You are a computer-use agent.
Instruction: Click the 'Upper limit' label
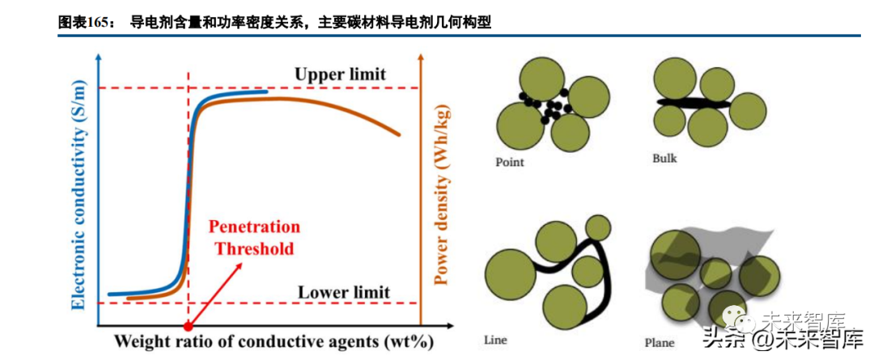(340, 74)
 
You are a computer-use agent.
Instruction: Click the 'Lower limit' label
(344, 292)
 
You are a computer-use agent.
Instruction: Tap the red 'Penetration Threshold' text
(254, 237)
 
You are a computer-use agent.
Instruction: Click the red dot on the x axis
(189, 327)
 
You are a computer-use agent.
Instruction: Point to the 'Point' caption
(510, 162)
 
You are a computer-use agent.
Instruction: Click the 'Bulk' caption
(664, 159)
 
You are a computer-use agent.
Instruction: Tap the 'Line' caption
(494, 340)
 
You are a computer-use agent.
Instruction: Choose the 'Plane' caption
(659, 343)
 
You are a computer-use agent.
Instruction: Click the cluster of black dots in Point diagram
(545, 107)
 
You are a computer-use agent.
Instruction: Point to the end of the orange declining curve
(399, 133)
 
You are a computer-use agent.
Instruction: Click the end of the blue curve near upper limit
(266, 91)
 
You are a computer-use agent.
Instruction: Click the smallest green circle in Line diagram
(598, 226)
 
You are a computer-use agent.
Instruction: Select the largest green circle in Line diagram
(510, 276)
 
